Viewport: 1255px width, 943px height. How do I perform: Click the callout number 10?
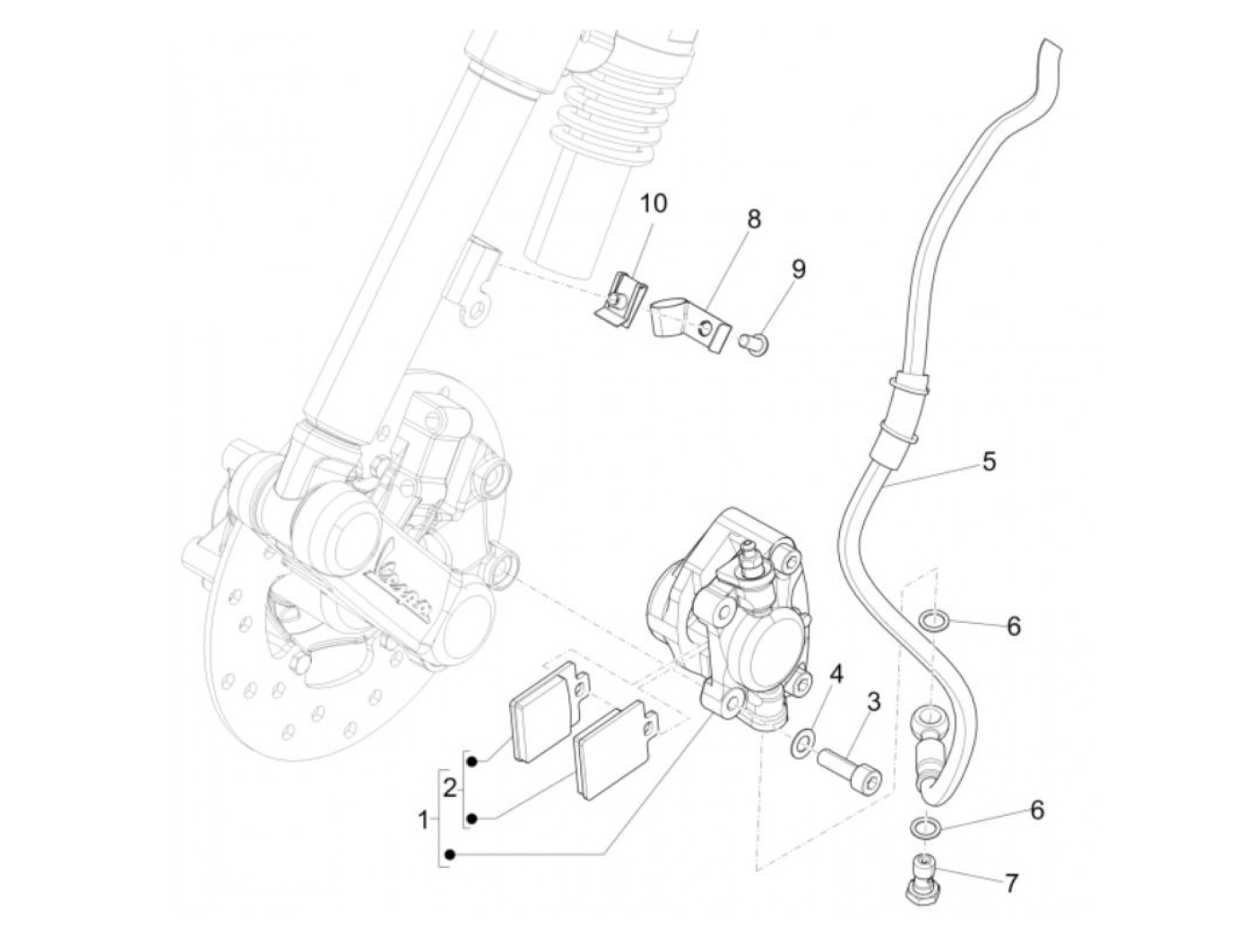pyautogui.click(x=653, y=203)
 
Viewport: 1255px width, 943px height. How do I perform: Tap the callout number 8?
pyautogui.click(x=753, y=219)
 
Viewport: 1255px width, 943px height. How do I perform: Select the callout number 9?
pyautogui.click(x=798, y=269)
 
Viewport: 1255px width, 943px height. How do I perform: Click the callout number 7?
pyautogui.click(x=1011, y=883)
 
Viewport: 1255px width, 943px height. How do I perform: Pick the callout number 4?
pyautogui.click(x=835, y=673)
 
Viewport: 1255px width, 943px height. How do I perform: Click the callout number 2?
pyautogui.click(x=451, y=789)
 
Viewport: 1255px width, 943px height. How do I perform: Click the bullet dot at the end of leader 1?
pyautogui.click(x=450, y=855)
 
